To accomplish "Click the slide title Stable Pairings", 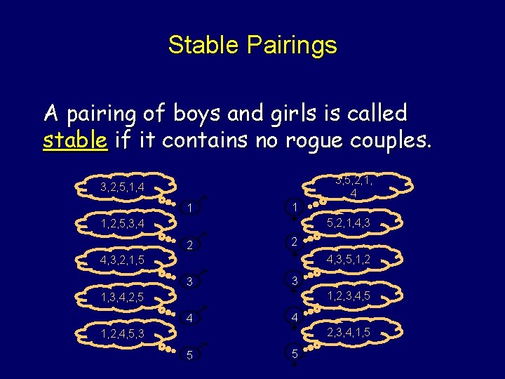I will coord(252,46).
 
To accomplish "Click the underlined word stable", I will coord(75,140).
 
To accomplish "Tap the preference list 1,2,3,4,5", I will coord(348,297).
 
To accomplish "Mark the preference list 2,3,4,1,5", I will coord(348,332).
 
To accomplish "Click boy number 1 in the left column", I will coord(190,208).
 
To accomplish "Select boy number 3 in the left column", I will coord(190,282).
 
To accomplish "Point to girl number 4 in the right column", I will coord(295,317).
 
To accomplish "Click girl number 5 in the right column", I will coord(295,354).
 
